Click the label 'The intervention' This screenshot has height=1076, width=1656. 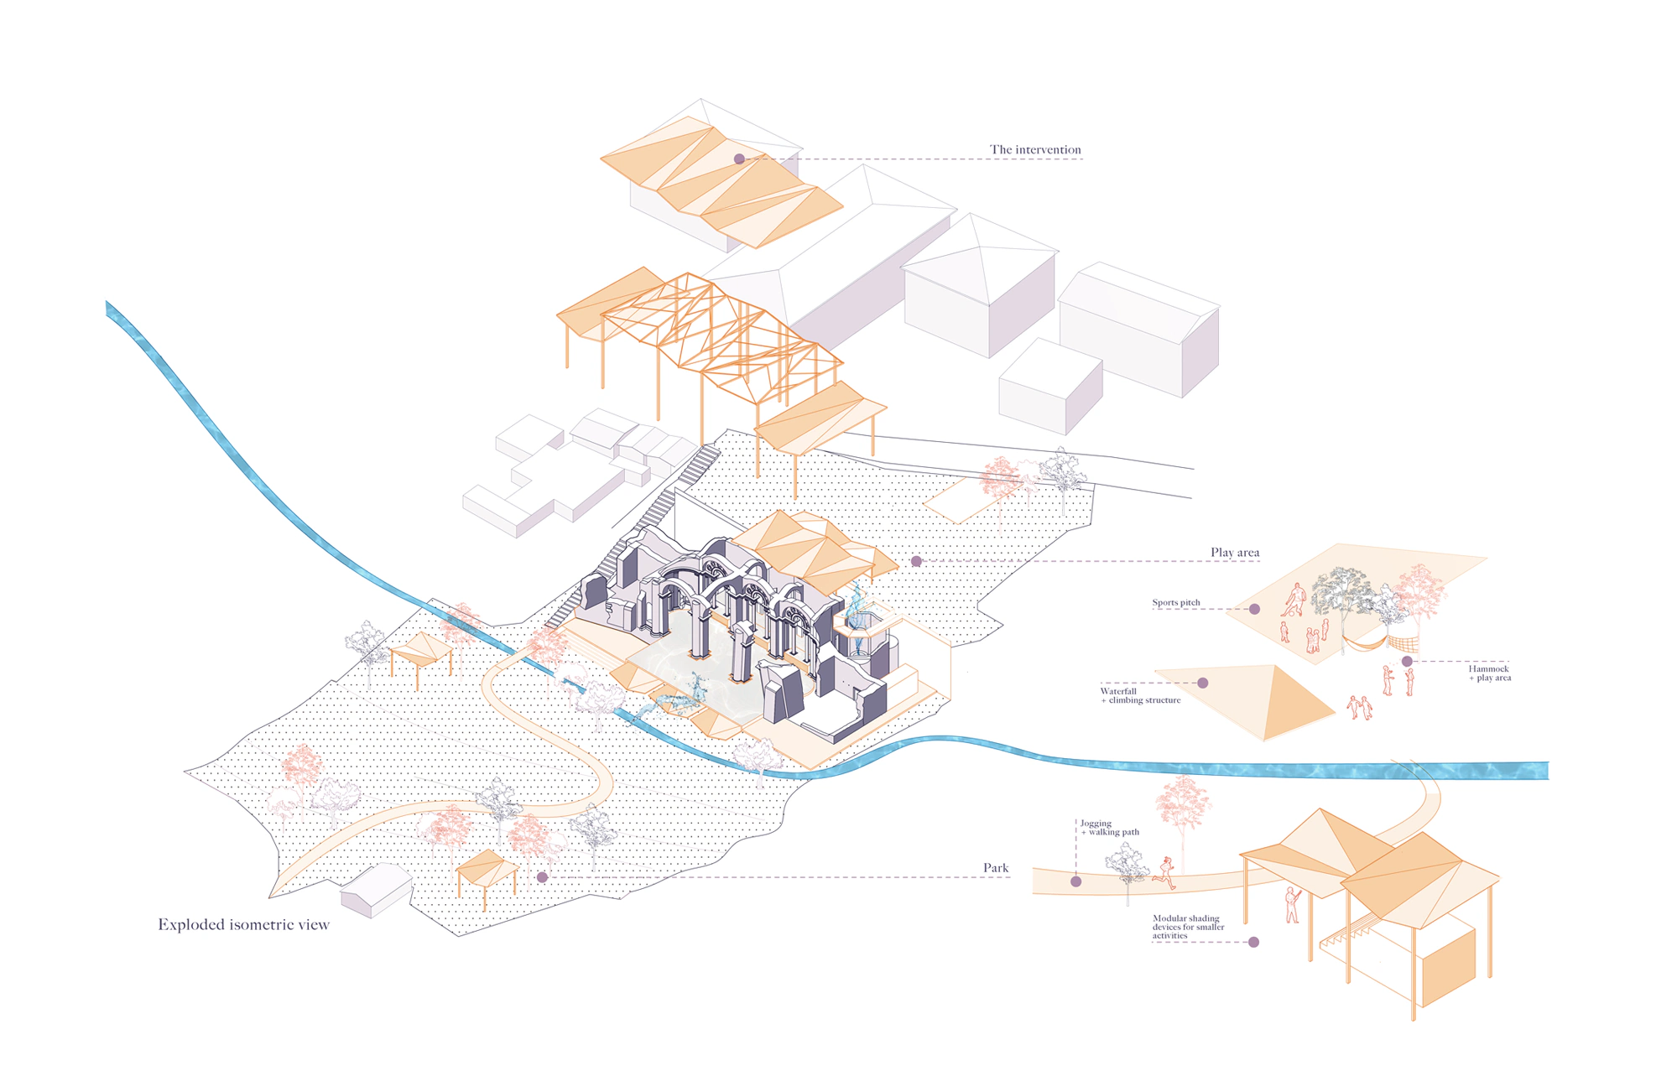pyautogui.click(x=1034, y=150)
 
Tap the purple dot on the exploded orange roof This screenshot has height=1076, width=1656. pyautogui.click(x=739, y=159)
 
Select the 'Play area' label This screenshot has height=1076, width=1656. pyautogui.click(x=1234, y=553)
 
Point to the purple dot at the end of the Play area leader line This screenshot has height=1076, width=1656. pyautogui.click(x=916, y=561)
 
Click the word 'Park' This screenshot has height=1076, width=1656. pyautogui.click(x=995, y=868)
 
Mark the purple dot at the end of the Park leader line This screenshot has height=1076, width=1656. pyautogui.click(x=542, y=877)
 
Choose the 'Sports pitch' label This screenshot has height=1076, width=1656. pyautogui.click(x=1175, y=603)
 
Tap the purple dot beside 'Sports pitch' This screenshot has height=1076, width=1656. pyautogui.click(x=1254, y=609)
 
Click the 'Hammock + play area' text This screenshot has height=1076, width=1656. pyautogui.click(x=1489, y=673)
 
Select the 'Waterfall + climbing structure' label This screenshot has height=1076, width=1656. pyautogui.click(x=1139, y=696)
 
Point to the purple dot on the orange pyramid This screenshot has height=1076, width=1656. pyautogui.click(x=1202, y=683)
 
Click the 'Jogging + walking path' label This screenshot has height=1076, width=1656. pyautogui.click(x=1109, y=828)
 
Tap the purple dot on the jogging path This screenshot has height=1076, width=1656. pyautogui.click(x=1075, y=881)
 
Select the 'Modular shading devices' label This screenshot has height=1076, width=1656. pyautogui.click(x=1187, y=927)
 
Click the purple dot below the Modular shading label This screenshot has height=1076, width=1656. pyautogui.click(x=1253, y=942)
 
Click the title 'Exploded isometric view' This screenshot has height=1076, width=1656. pyautogui.click(x=243, y=925)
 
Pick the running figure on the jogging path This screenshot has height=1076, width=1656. pyautogui.click(x=1164, y=873)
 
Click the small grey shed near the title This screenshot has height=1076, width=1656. pyautogui.click(x=375, y=890)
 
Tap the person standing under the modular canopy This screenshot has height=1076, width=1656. pyautogui.click(x=1292, y=906)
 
